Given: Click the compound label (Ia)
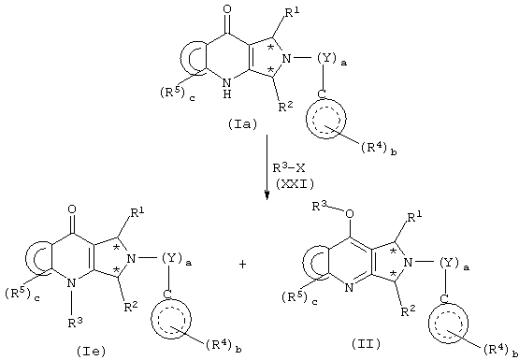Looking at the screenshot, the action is pos(241,124).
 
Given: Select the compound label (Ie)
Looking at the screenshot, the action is pos(92,353).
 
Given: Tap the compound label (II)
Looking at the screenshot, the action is pos(367,345).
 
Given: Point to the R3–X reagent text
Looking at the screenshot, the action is pos(287,168).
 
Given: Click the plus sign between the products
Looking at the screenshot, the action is pos(242,265).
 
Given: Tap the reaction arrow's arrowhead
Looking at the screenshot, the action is pos(267,195).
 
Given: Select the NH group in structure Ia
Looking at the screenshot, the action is pos(227,87).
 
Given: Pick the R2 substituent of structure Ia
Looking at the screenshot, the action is pos(285,108).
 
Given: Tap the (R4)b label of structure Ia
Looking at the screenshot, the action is pos(379,149).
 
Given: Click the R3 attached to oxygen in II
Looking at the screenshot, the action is pos(320,207).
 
